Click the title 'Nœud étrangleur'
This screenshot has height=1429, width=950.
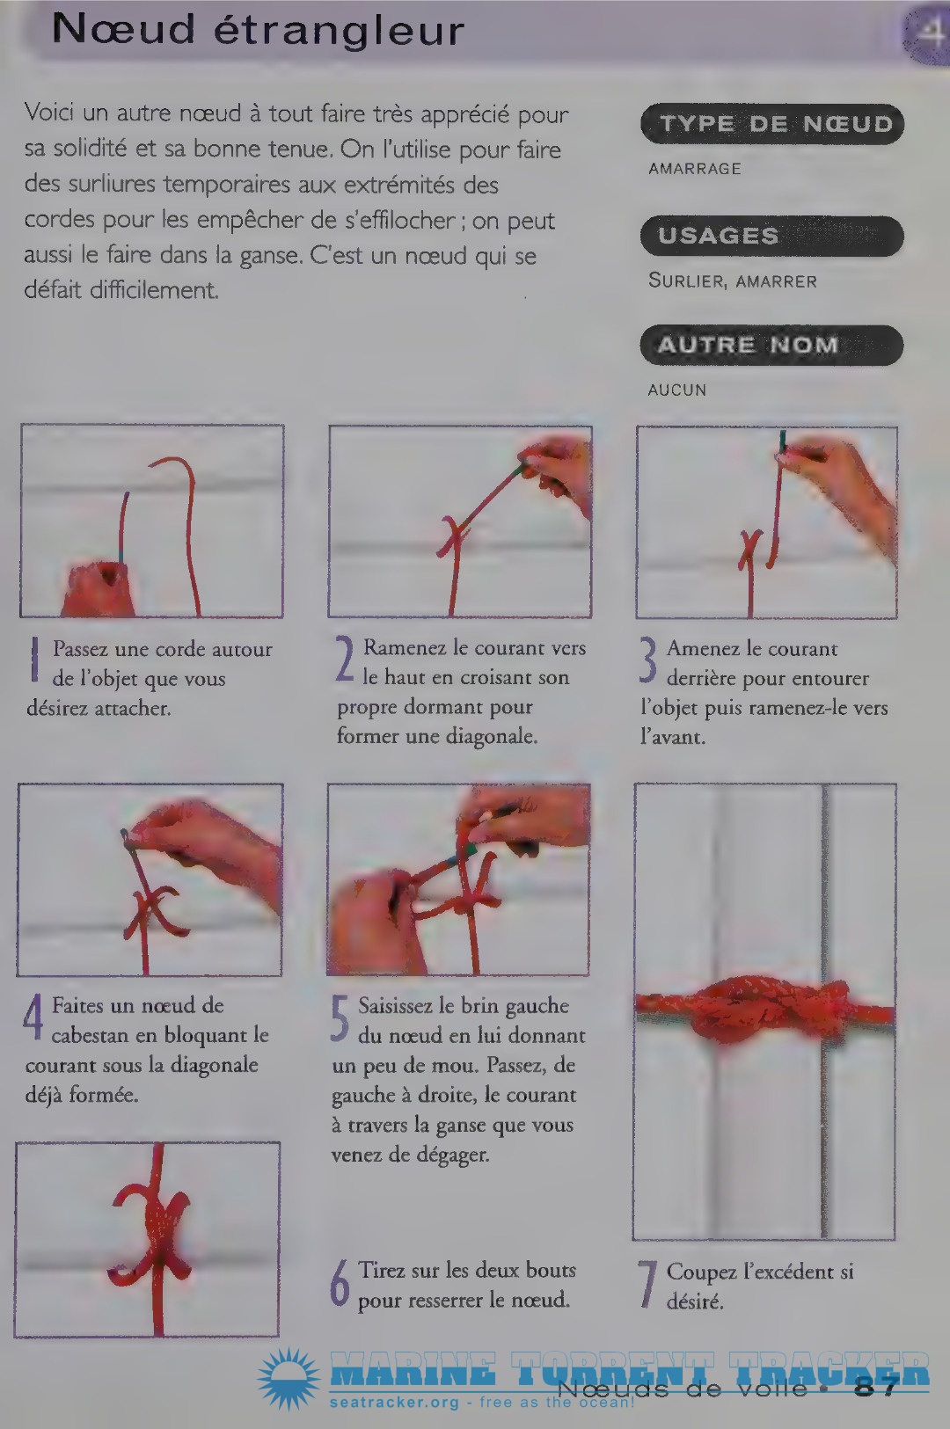coord(258,30)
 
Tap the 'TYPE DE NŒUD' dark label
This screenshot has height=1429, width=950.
coord(772,124)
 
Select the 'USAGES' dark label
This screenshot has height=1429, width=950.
coord(772,236)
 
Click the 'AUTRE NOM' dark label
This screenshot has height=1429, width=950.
coord(772,345)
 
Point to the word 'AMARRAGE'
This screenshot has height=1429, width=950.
coord(695,169)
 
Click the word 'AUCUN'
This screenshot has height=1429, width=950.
coord(677,390)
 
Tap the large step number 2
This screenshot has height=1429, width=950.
coord(345,660)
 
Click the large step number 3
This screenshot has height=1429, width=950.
coord(647,661)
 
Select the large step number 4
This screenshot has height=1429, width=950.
coord(33,1017)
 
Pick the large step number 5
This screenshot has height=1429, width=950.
coord(340,1018)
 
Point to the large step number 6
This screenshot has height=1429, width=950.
coord(340,1282)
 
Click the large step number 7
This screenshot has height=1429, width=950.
coord(647,1284)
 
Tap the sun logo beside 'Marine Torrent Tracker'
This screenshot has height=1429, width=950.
coord(289,1378)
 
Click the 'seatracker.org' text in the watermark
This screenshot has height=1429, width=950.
coord(394,1403)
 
